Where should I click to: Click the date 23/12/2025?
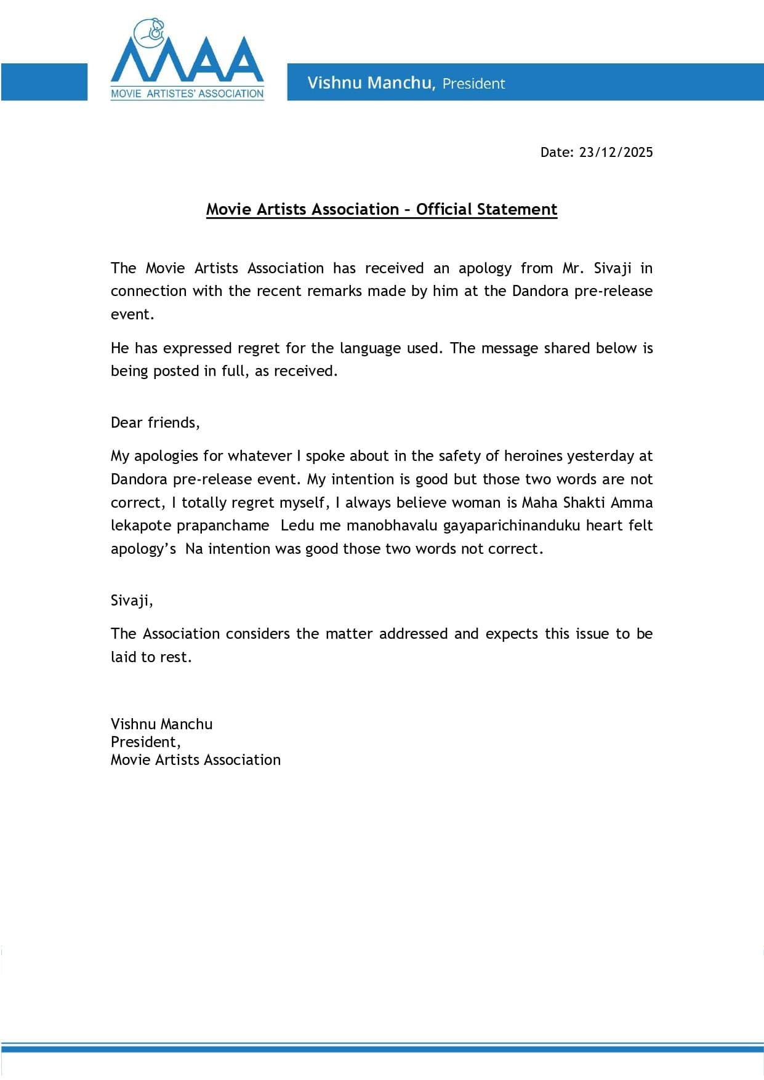tap(616, 153)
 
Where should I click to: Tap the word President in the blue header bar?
tap(473, 84)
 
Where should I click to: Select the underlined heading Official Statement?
tap(486, 210)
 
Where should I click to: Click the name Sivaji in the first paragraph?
tap(613, 268)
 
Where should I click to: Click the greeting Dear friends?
tap(155, 423)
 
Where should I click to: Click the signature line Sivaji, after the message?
tap(132, 601)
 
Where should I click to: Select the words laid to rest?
tap(151, 657)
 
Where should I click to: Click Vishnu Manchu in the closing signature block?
tap(161, 724)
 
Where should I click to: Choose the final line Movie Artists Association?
tap(196, 760)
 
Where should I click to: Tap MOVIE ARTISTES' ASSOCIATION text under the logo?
tap(187, 94)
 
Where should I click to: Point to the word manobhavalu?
tap(392, 526)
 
